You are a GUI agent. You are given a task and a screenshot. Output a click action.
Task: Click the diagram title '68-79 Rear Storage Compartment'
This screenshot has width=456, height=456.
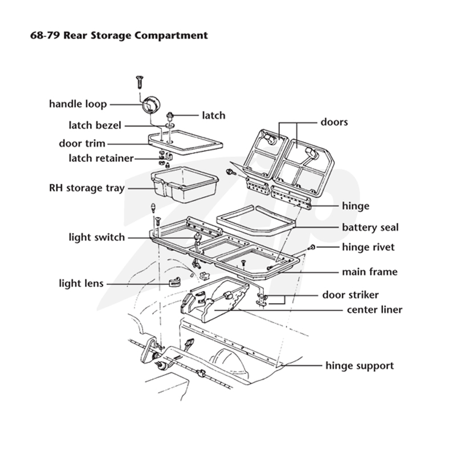[119, 35]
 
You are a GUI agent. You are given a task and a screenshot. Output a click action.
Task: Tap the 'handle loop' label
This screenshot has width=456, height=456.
[78, 104]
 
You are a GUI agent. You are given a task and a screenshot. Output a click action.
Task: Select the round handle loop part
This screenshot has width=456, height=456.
[151, 105]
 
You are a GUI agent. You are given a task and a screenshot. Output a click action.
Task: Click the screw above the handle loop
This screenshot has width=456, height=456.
[140, 82]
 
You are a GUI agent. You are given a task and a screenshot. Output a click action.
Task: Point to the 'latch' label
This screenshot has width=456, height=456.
[214, 116]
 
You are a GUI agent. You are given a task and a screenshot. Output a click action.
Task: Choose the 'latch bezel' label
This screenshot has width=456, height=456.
[95, 125]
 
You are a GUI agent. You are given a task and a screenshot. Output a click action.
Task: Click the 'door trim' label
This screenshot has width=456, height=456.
[82, 144]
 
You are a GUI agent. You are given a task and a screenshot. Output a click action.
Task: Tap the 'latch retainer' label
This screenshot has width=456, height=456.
[101, 158]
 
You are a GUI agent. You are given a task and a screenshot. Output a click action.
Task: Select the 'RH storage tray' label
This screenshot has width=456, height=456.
[87, 188]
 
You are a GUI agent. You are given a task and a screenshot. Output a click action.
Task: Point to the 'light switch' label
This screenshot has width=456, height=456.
[96, 237]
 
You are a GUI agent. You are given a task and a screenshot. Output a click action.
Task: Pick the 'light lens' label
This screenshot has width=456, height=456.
[81, 283]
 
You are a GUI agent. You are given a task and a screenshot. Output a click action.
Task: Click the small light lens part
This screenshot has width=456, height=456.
[174, 281]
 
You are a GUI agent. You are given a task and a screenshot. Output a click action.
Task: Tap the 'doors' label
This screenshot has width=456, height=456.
[334, 122]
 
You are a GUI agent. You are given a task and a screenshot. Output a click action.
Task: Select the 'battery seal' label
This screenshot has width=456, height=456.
[370, 227]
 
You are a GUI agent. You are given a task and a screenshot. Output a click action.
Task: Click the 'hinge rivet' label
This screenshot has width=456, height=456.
[368, 247]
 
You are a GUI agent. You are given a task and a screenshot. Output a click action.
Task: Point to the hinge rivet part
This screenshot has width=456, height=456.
[311, 248]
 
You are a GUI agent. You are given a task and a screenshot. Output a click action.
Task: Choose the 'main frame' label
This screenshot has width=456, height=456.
[369, 272]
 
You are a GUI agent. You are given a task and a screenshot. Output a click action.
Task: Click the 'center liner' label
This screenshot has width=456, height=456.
[374, 310]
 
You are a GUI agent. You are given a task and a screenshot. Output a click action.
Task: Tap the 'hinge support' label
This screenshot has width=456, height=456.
[360, 365]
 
